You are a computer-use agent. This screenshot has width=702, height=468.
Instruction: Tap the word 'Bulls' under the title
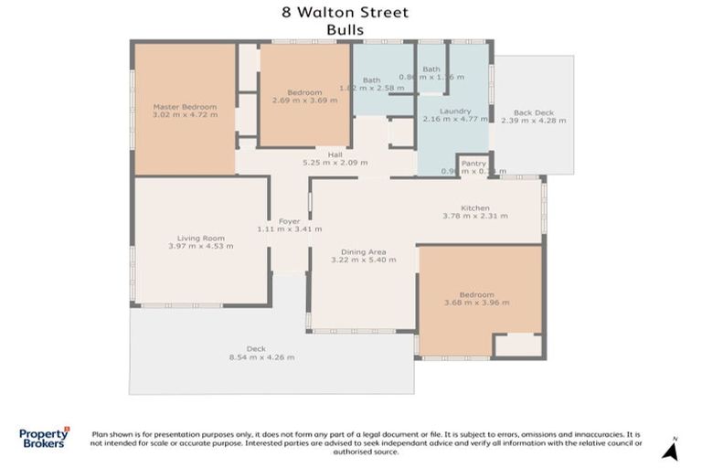tap(346, 29)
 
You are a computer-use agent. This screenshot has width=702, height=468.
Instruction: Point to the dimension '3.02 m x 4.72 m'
tap(185, 116)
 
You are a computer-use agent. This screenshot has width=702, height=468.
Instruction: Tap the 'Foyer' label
tap(289, 220)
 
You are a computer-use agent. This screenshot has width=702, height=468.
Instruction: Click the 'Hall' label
tap(335, 154)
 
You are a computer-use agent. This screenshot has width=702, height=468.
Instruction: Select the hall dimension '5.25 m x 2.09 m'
tap(335, 163)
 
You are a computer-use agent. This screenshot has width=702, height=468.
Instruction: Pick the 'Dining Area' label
tap(363, 251)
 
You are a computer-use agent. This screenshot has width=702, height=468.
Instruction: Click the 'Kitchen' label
tap(474, 207)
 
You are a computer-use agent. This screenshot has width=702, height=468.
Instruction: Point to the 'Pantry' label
tap(473, 163)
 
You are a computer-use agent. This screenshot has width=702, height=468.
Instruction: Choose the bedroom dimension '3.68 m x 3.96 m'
tap(476, 303)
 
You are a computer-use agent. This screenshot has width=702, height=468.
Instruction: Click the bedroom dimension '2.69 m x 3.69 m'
tap(303, 101)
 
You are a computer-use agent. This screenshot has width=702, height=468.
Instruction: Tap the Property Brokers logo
tap(44, 437)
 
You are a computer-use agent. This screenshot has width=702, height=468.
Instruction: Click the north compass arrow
tap(671, 451)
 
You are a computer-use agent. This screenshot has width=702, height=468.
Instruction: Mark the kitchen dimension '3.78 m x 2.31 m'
tap(474, 216)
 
